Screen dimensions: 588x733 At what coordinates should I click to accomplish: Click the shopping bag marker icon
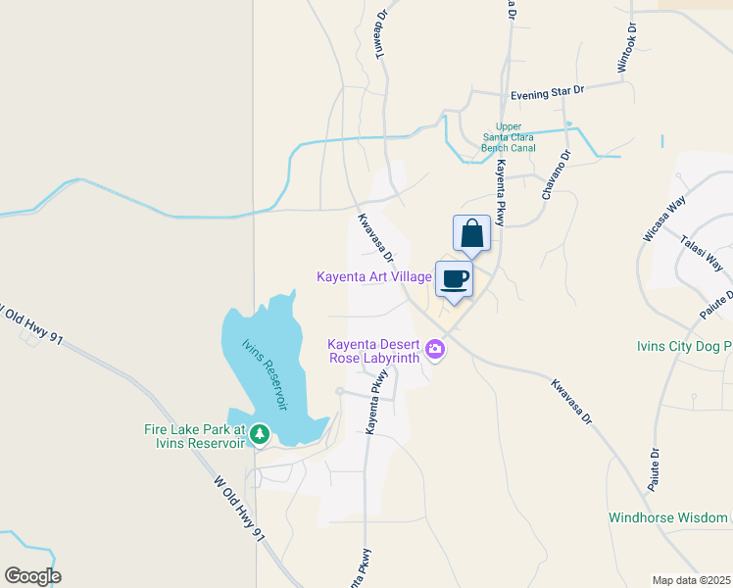point(471,233)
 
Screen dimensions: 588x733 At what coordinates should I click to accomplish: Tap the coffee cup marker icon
point(454,278)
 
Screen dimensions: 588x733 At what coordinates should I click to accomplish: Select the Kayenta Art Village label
point(374,277)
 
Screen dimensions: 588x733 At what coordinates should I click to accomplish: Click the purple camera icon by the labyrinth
point(435,348)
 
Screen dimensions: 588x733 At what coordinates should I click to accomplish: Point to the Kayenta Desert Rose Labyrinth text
point(373,350)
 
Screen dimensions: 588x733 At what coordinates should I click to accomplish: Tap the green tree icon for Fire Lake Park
point(259,433)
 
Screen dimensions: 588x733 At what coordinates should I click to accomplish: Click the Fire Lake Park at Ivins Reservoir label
point(192,436)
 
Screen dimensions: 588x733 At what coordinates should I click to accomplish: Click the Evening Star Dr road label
point(547,91)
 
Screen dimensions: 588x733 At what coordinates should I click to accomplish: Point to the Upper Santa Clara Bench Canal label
point(508,137)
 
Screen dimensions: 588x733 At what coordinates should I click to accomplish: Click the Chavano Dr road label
point(555,174)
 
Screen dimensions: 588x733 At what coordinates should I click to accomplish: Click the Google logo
point(32,576)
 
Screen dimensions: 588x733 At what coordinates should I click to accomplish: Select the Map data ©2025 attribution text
point(691,580)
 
